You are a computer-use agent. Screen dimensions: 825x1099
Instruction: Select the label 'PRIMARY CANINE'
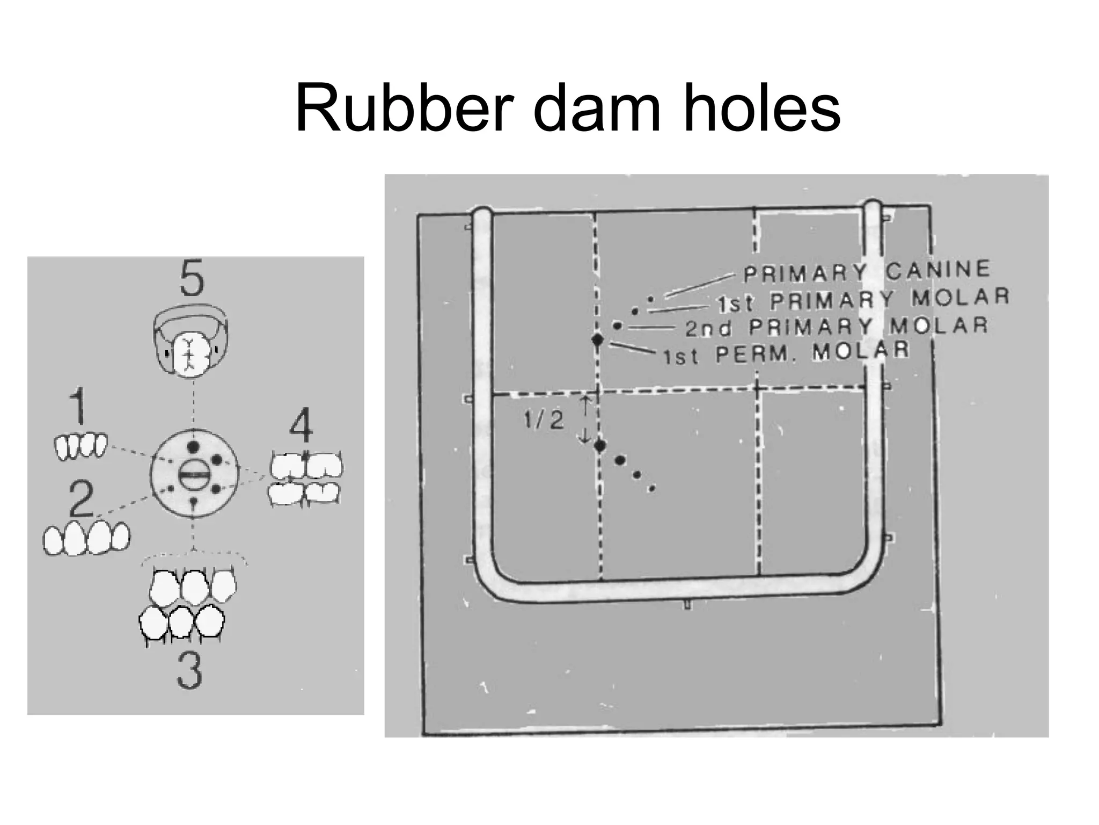pos(866,271)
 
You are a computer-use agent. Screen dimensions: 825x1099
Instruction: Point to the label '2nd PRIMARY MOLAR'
pos(836,327)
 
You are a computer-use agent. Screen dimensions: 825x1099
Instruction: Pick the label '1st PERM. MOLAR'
pos(786,353)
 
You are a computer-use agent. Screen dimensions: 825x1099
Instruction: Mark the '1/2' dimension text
pos(544,420)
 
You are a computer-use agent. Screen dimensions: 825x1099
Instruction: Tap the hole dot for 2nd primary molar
pos(617,325)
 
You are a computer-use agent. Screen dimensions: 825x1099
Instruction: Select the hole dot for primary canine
pos(651,299)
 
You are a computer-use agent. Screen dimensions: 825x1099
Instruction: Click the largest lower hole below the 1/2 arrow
pos(600,445)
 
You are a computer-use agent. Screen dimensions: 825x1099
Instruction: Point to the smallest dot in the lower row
pos(651,488)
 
